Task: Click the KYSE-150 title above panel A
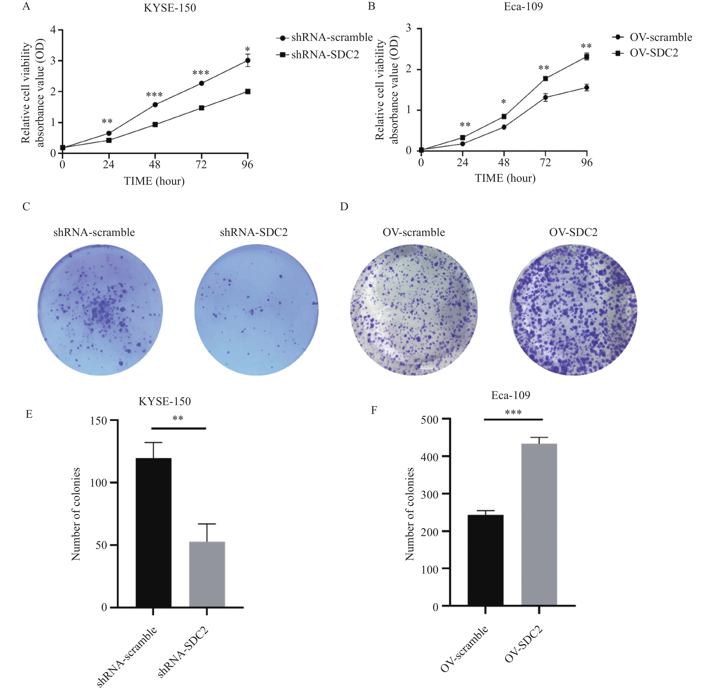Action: coord(170,8)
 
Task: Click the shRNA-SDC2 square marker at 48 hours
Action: coord(155,124)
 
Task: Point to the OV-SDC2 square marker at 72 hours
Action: coord(545,78)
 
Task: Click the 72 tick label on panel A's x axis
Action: coord(201,165)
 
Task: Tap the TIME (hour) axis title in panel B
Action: coord(505,178)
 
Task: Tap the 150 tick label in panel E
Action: coord(99,421)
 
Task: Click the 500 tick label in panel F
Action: coord(429,420)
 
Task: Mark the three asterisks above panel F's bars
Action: coord(513,412)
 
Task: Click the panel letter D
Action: coord(344,206)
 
